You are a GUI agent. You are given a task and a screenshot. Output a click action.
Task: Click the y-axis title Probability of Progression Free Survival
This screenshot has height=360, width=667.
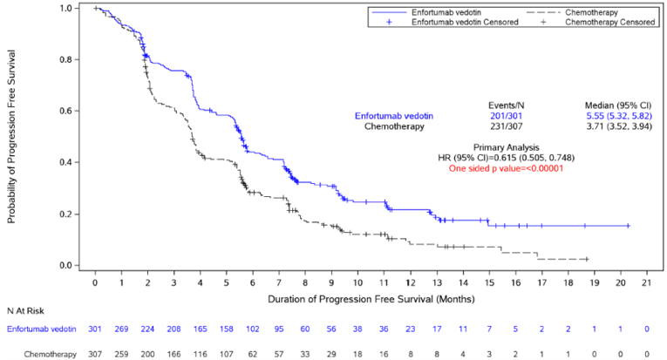click(12, 138)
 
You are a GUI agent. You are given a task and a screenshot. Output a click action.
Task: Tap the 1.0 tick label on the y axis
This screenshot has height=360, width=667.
click(65, 9)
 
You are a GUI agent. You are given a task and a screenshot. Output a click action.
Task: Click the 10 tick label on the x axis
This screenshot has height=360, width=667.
click(357, 282)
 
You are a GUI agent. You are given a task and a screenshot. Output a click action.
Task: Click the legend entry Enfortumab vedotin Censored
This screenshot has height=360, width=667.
click(465, 22)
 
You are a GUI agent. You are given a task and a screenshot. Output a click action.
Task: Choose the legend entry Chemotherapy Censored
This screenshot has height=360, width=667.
click(610, 22)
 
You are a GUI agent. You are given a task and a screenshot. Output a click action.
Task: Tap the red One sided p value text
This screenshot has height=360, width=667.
click(506, 168)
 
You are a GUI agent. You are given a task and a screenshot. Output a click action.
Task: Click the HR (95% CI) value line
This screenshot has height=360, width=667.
click(506, 158)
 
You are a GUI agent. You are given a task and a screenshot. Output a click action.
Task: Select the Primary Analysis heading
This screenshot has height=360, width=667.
click(506, 147)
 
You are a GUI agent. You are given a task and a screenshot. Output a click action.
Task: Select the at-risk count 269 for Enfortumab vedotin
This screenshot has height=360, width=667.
click(121, 329)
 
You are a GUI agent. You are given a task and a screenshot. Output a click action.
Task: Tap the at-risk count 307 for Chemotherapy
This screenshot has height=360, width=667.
click(95, 355)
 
